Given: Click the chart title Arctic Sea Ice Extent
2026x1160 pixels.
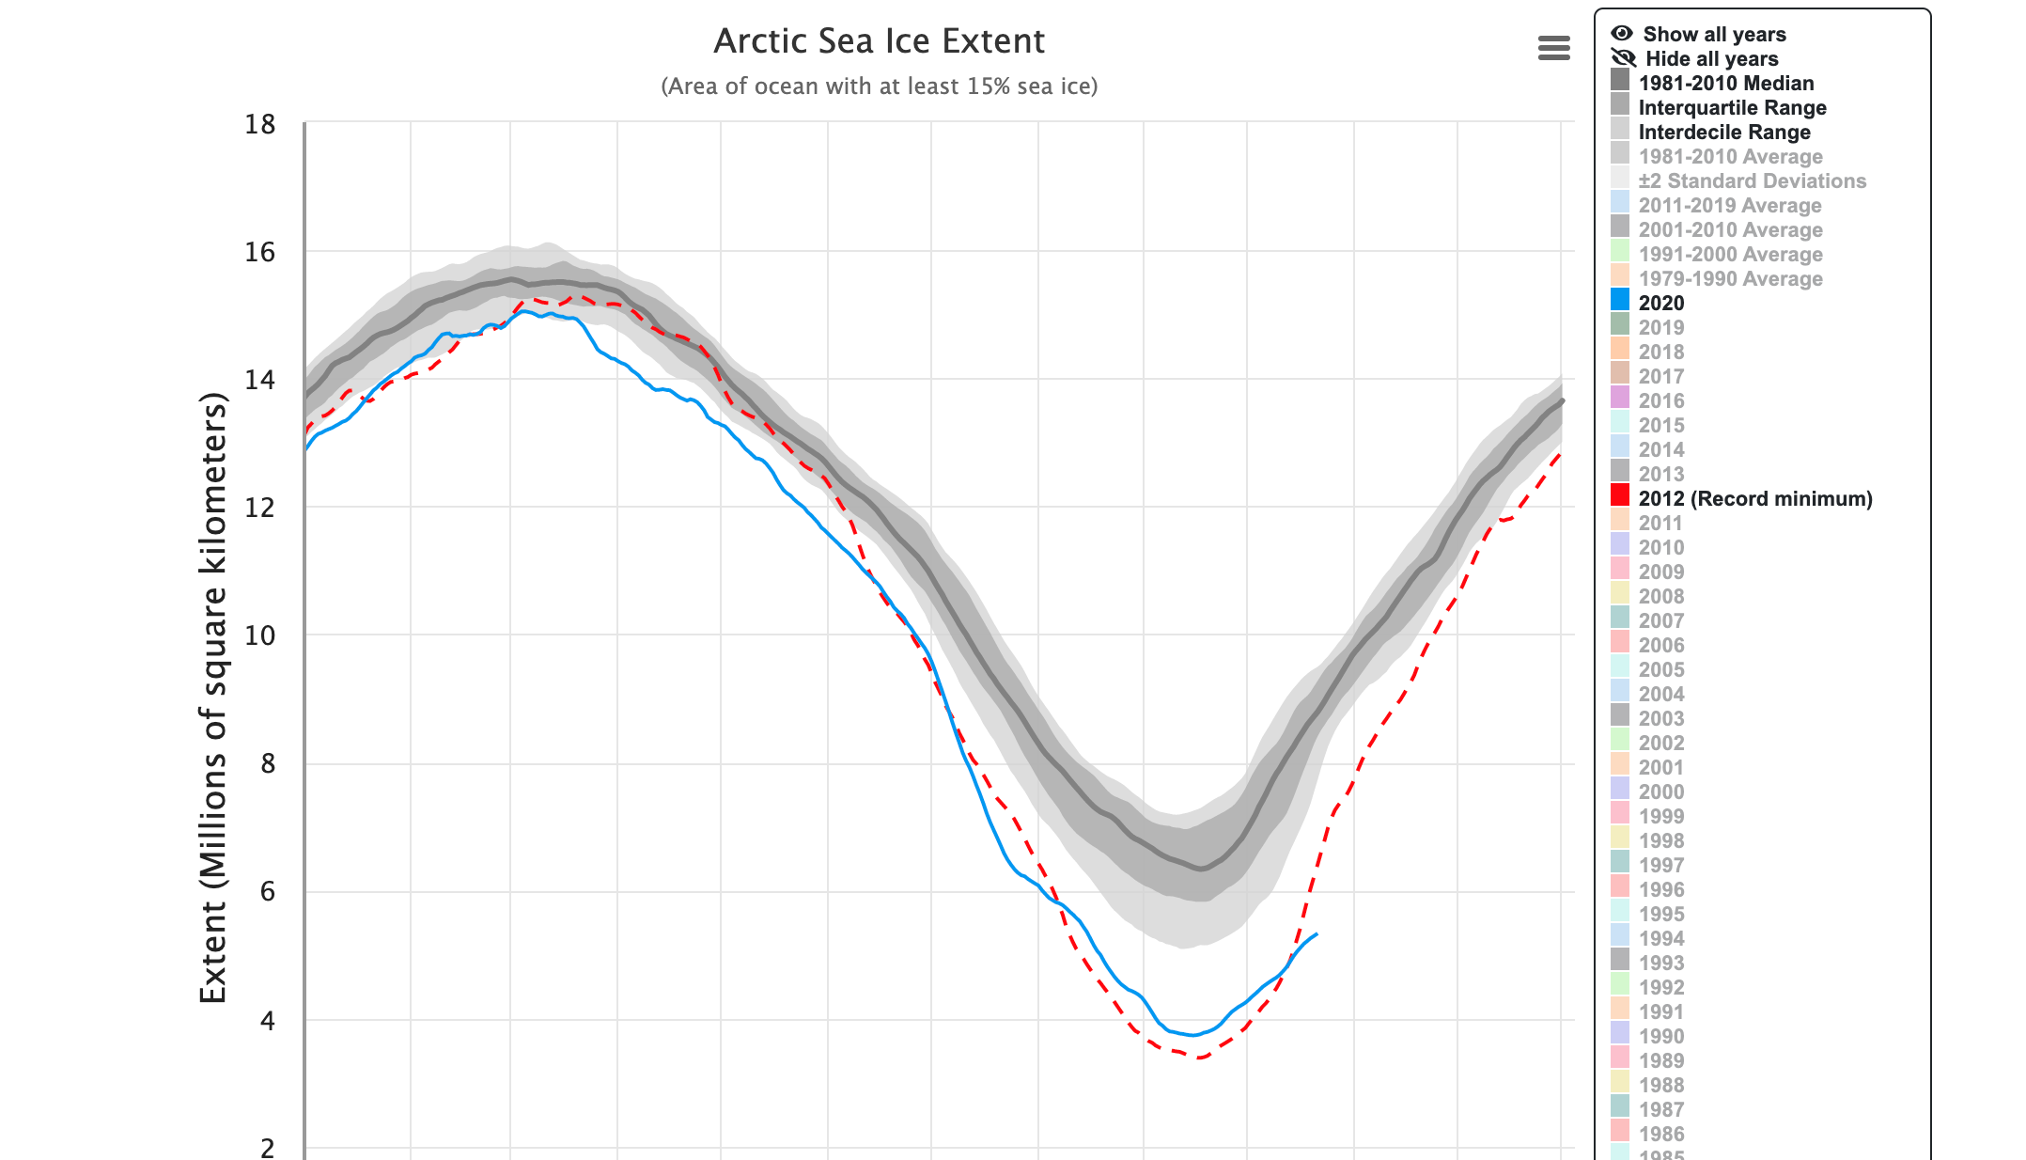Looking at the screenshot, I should point(879,41).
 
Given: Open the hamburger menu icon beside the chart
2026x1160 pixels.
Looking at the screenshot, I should point(1553,48).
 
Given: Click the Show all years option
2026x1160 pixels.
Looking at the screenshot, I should point(1713,35).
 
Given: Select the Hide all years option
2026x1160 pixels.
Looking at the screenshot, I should point(1710,59).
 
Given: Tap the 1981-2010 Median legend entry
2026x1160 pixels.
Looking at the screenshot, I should point(1725,84).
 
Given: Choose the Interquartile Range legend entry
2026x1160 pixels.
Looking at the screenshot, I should point(1732,108).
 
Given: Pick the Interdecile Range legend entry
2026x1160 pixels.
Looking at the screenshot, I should point(1723,133).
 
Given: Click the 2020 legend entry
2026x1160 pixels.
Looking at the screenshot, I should point(1660,304).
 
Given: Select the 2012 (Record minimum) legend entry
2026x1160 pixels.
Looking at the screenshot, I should point(1754,499).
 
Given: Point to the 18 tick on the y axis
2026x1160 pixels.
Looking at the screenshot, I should point(260,125).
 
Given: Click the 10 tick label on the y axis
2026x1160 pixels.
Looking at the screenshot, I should point(260,636).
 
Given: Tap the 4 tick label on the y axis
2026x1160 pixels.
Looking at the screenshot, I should point(268,1021).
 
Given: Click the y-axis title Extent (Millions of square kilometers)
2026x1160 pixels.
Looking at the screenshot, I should point(214,698).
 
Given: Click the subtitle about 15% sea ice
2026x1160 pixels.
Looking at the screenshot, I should point(879,86).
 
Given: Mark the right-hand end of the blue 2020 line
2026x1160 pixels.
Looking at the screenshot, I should point(1317,934).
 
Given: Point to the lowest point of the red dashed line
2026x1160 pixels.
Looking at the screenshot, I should point(1200,1058).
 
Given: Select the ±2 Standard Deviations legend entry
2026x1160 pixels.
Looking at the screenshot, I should point(1752,181).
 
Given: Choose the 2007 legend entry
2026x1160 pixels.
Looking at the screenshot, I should point(1660,621).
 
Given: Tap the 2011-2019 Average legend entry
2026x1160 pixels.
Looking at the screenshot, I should point(1729,206).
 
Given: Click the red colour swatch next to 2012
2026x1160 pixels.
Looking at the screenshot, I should point(1620,496).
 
